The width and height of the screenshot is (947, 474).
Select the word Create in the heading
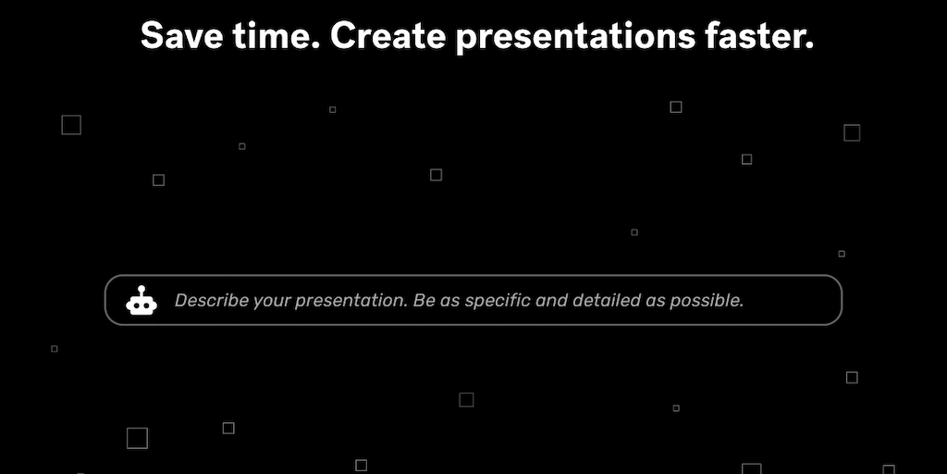(x=387, y=36)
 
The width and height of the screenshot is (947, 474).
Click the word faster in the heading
(x=756, y=36)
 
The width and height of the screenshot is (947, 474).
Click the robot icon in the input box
(x=141, y=301)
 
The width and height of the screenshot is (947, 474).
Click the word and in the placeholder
(x=551, y=300)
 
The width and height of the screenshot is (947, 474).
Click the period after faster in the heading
(x=810, y=46)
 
